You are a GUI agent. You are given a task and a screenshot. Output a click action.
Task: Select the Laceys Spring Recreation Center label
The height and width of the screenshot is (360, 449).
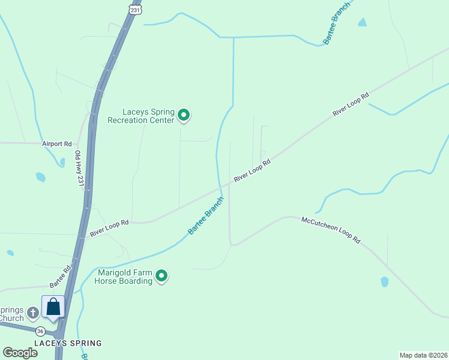point(140,116)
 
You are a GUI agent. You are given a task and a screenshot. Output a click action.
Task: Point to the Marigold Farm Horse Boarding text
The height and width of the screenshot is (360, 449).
point(124,277)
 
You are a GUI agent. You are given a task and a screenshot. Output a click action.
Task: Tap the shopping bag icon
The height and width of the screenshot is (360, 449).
point(53,307)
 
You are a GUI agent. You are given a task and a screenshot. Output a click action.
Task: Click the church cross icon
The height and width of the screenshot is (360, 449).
point(32,312)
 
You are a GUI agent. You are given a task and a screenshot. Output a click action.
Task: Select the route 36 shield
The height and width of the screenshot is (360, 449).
point(40,331)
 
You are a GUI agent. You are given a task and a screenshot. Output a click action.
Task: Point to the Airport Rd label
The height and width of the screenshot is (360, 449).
point(57,144)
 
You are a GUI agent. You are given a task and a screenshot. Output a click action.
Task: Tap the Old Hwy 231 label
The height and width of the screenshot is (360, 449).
point(79,167)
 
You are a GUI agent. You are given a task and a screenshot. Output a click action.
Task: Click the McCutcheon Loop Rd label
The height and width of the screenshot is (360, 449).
point(331,230)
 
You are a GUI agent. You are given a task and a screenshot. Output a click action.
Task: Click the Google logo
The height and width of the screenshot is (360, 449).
point(20,353)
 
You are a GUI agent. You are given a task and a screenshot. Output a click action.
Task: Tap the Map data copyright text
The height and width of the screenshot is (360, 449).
point(424,355)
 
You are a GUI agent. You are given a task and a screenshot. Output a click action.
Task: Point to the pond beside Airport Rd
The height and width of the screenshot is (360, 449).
point(40,177)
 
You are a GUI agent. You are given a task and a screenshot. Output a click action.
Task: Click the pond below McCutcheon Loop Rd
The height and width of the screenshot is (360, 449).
point(384,281)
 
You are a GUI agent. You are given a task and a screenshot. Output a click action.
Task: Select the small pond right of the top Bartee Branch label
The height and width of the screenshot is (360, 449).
point(362,23)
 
